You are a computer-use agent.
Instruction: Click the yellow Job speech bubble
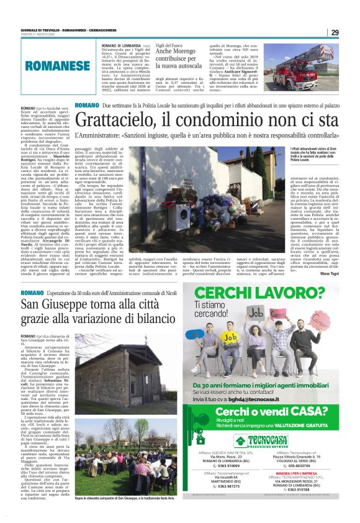coord(231,335)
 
